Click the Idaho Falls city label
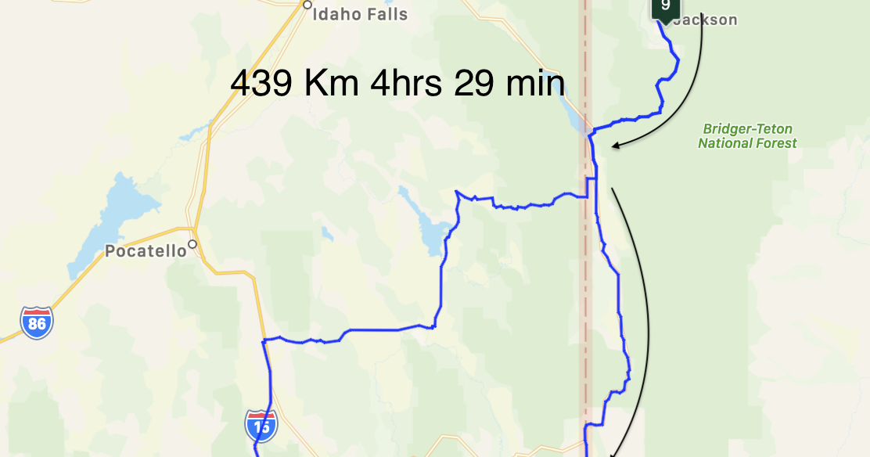360,14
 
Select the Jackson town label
704,20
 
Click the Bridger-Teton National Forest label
747,136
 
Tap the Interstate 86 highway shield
37,322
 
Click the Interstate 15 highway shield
261,426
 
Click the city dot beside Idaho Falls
307,5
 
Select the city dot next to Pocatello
192,244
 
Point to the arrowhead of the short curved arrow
616,145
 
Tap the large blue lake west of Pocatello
117,219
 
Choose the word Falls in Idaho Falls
384,14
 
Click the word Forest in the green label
771,143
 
